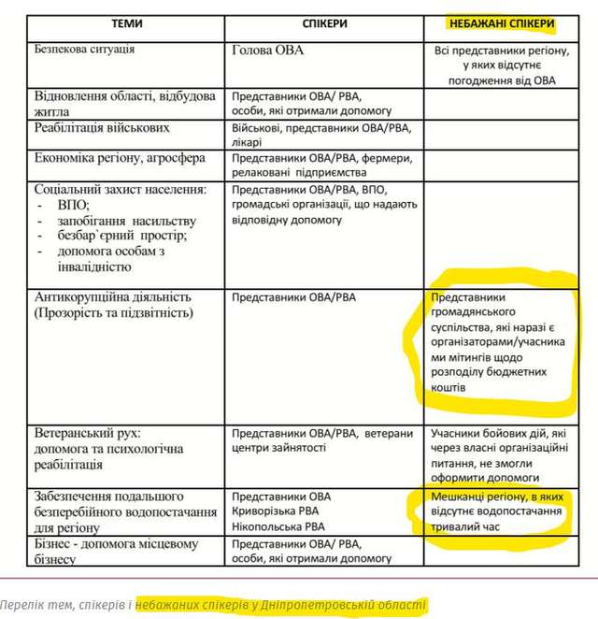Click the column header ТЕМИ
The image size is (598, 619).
(x=126, y=23)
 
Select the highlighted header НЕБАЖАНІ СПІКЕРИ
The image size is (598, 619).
(x=502, y=23)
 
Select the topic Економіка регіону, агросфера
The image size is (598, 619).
(x=120, y=158)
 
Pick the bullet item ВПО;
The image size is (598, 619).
(x=74, y=204)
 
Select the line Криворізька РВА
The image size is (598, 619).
(x=280, y=511)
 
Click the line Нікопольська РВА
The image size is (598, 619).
(x=281, y=526)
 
